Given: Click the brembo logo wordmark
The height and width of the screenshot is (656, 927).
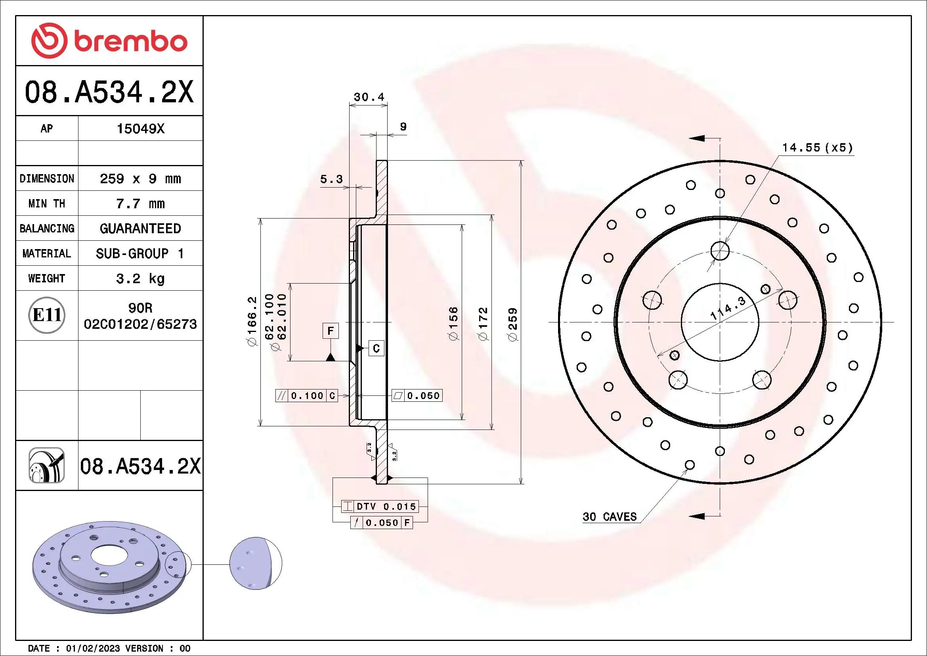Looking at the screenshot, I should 130,42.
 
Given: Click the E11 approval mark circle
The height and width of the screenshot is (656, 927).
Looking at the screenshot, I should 47,315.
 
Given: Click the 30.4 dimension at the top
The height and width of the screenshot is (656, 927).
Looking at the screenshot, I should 369,97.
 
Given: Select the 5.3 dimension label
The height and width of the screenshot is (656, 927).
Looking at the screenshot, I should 331,179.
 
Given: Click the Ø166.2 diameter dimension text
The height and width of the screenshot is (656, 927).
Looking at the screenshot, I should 252,321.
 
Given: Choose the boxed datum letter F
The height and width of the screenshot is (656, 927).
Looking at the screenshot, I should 330,331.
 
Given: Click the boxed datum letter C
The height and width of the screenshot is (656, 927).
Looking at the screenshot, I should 376,348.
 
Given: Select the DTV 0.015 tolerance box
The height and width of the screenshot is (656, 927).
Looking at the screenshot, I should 380,506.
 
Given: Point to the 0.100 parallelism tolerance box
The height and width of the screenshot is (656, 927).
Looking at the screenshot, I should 306,395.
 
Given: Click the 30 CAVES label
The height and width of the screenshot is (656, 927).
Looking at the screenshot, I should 609,517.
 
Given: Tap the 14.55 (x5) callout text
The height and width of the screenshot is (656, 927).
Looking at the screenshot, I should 818,148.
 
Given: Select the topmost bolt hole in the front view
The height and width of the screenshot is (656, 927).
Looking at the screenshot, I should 720,251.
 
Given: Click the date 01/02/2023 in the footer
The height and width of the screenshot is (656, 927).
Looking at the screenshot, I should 93,648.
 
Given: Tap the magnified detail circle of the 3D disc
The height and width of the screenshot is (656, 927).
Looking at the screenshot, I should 256,563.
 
